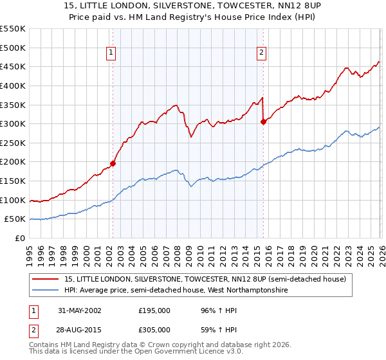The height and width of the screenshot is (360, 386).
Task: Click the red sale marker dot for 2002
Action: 113,163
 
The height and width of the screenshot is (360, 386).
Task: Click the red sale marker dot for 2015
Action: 263,122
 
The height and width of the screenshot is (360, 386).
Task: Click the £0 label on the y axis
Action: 20,238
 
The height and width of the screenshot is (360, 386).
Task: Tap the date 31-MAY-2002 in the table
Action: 78,310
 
